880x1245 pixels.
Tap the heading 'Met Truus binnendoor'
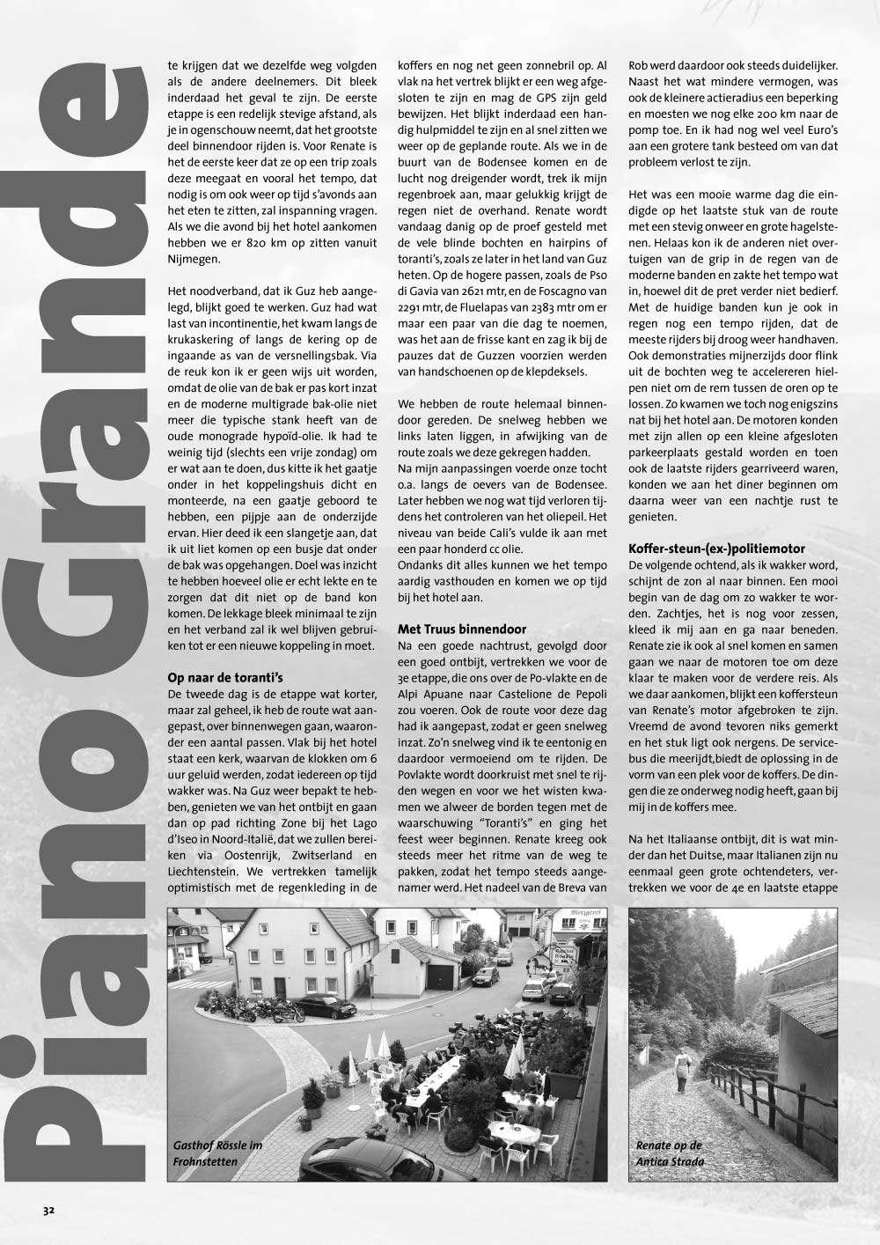tap(462, 629)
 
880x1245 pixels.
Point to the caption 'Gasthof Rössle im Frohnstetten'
tap(218, 1153)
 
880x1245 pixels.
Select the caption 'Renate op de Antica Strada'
tap(670, 1153)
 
